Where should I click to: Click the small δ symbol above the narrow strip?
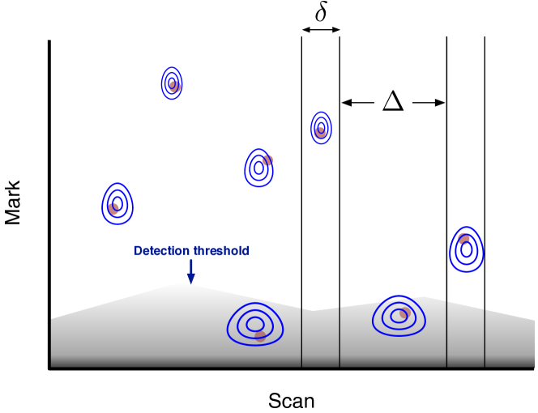[320, 14]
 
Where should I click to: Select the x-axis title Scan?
[291, 401]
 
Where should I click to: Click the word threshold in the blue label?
[220, 250]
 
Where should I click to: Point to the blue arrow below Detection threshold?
[190, 271]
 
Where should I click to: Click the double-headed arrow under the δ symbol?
[320, 31]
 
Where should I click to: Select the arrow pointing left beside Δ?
[356, 103]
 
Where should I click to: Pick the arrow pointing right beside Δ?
[430, 103]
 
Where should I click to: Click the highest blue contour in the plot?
[172, 83]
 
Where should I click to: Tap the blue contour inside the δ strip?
[321, 127]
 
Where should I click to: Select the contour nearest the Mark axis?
[117, 202]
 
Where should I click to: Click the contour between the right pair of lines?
[466, 249]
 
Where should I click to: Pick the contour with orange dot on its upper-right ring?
[258, 168]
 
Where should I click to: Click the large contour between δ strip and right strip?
[399, 316]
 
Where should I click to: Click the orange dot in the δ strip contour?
[321, 131]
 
